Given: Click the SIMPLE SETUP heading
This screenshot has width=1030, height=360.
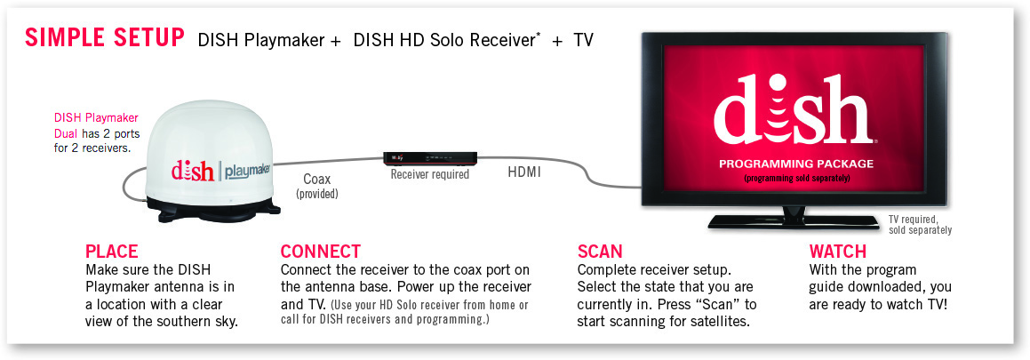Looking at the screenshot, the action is click(105, 38).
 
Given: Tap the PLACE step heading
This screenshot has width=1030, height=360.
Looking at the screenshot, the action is click(112, 252).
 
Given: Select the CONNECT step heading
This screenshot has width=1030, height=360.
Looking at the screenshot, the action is click(321, 252).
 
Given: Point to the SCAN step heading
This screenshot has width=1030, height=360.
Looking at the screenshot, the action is click(600, 252).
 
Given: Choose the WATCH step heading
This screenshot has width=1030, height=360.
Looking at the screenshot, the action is click(837, 252).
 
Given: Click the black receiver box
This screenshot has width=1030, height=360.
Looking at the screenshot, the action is click(429, 158).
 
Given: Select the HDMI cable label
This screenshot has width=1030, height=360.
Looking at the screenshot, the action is click(524, 173).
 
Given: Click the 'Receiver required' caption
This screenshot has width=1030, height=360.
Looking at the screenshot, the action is click(429, 175).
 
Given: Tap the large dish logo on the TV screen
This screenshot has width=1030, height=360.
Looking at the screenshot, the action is click(794, 111).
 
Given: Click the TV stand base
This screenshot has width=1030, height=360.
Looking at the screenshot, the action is click(794, 220).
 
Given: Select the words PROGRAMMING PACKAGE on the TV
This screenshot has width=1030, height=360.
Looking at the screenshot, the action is click(796, 164).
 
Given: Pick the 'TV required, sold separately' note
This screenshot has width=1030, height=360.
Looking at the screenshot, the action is click(920, 225).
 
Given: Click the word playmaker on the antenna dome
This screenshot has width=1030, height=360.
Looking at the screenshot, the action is click(251, 171).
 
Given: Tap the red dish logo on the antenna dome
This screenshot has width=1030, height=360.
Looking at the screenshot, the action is click(193, 170).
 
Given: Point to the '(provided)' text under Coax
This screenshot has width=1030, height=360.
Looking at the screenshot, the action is click(317, 194).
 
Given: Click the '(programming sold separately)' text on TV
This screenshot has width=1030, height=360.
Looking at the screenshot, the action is click(797, 178).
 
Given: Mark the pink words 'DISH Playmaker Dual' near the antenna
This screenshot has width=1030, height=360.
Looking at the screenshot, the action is click(95, 125).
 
